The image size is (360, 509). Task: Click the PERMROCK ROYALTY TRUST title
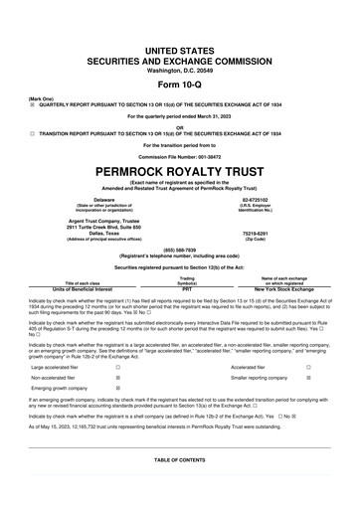[179, 170]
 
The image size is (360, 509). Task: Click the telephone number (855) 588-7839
[179, 251]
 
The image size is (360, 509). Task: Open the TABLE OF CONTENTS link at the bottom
[179, 460]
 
